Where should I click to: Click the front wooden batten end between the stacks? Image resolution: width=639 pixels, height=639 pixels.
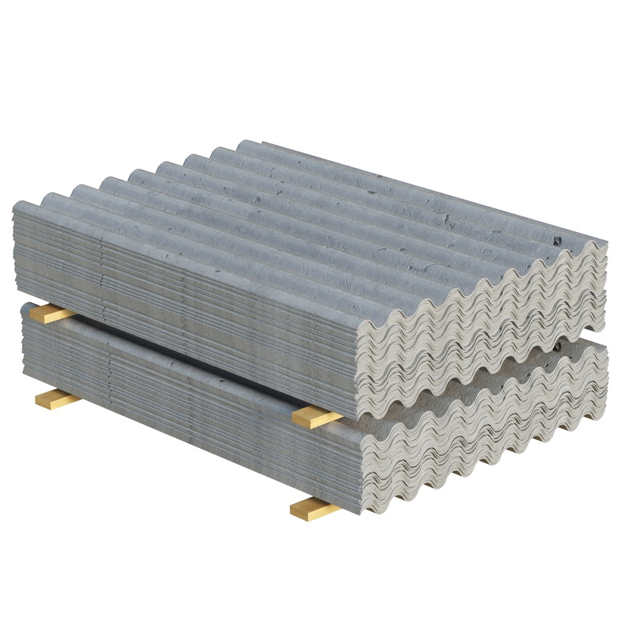point(316,417)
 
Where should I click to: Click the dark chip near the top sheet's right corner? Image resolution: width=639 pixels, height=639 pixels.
point(557,240)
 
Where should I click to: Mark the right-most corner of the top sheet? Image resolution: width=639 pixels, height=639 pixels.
point(606,242)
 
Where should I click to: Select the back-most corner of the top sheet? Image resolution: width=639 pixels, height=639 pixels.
point(244,142)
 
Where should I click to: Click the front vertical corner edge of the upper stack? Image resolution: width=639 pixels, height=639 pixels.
point(359,367)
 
